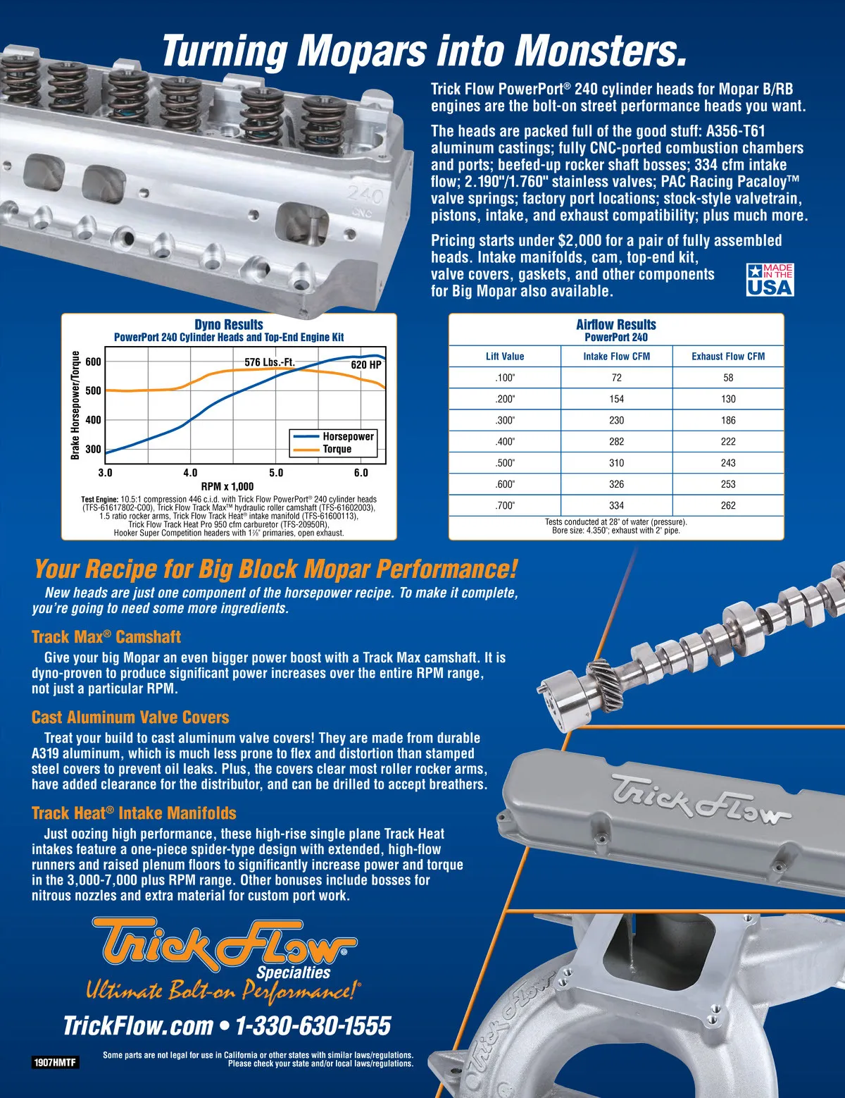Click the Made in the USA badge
tap(770, 279)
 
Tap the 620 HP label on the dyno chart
tap(366, 365)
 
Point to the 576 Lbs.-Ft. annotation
tap(270, 362)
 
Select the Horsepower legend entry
tap(334, 436)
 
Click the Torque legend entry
tap(323, 449)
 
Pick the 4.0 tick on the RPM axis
tap(190, 473)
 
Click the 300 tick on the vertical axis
tap(94, 449)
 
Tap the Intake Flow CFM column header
tap(616, 356)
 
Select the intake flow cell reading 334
tap(616, 505)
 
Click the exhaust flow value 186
tap(728, 421)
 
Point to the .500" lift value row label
tap(505, 463)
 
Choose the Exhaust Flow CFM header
tap(728, 356)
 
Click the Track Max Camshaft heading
tap(106, 636)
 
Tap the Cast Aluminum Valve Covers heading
tap(130, 717)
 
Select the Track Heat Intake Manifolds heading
tap(134, 813)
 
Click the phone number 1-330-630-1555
tap(313, 1025)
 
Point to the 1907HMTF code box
tap(55, 1063)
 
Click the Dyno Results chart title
tap(229, 324)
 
